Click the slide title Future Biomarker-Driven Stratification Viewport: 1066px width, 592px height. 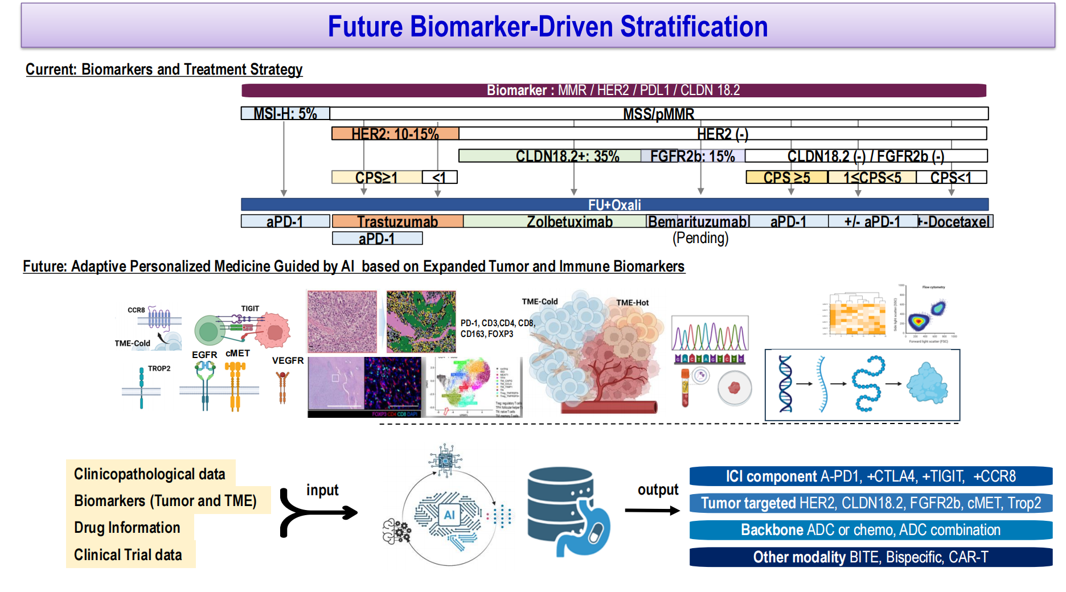(x=547, y=26)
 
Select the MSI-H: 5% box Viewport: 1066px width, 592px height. (x=285, y=113)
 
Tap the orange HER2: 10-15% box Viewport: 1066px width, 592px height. (x=395, y=134)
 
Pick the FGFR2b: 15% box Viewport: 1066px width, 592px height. (x=692, y=156)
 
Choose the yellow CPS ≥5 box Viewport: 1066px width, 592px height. (x=786, y=178)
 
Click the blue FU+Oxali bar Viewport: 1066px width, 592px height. (x=614, y=204)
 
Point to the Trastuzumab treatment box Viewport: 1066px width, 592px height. (x=397, y=221)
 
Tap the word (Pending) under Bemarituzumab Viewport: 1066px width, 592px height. (x=700, y=238)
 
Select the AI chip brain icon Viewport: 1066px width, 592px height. (x=449, y=515)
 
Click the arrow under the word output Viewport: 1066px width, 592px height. (x=652, y=511)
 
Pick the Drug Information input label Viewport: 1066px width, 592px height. (x=127, y=528)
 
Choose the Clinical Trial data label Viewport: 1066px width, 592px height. (x=128, y=555)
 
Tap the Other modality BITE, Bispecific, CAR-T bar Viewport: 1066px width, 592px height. (x=870, y=557)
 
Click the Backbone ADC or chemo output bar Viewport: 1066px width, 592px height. (x=870, y=530)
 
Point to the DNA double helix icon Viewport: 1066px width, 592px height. (x=785, y=384)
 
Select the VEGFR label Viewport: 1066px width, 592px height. (x=288, y=360)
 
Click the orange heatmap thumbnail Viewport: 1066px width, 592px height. (x=856, y=315)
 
